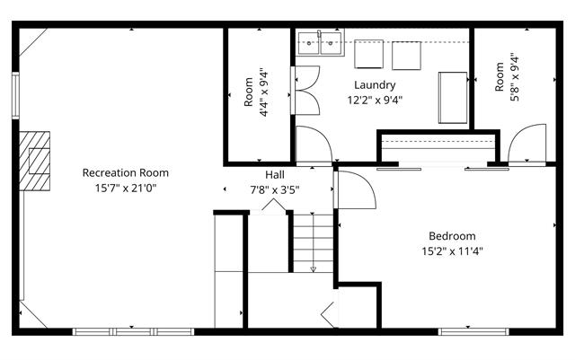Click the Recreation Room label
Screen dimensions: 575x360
click(126, 172)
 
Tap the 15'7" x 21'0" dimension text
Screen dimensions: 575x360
click(126, 189)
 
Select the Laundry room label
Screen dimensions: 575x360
click(375, 85)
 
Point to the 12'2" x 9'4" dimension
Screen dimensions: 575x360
click(375, 100)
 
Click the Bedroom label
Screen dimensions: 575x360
click(452, 236)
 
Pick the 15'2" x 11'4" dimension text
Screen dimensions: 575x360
click(452, 251)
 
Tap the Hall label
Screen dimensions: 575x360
click(275, 174)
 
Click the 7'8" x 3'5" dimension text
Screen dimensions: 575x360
click(275, 190)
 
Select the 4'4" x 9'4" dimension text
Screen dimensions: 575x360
click(264, 92)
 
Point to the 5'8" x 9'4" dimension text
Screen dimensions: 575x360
click(515, 78)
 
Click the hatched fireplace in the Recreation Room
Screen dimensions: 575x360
click(34, 161)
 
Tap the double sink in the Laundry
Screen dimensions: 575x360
click(320, 43)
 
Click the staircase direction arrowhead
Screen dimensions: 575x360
click(314, 269)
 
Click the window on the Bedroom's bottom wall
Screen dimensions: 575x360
click(473, 332)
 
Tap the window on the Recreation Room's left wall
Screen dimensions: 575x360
click(15, 95)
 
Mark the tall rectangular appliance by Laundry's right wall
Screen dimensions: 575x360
click(453, 98)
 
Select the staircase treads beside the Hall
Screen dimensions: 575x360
click(314, 243)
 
